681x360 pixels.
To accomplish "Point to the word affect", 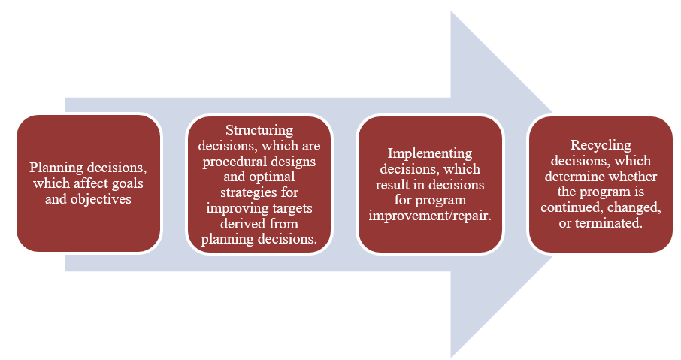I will (94, 183).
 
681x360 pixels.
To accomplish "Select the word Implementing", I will (430, 153).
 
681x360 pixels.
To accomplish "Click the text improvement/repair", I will (430, 215).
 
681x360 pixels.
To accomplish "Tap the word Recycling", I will (601, 145).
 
